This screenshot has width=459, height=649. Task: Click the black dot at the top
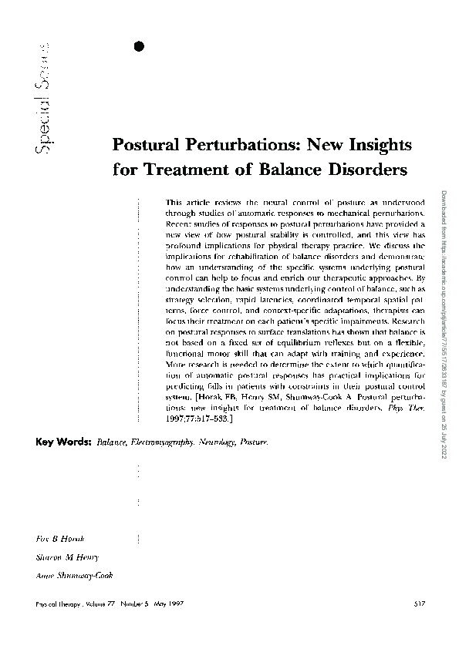click(139, 46)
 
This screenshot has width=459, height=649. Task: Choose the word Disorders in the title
click(366, 167)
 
